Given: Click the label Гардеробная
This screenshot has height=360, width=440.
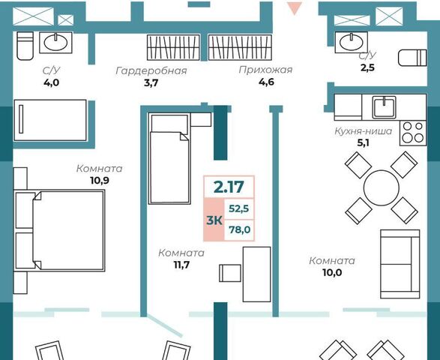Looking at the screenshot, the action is (151, 70).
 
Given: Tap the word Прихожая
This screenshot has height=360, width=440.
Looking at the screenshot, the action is (265, 70).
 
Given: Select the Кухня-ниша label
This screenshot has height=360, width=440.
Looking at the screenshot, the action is (364, 131).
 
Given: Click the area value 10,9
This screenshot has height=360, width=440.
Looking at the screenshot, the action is (100, 181).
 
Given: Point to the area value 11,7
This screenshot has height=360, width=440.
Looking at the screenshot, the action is (181, 265).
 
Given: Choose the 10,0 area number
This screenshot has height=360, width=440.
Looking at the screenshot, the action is (332, 272).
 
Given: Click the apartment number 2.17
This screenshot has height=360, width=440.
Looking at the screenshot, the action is (229, 187).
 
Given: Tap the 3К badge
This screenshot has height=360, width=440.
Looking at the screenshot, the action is (214, 220).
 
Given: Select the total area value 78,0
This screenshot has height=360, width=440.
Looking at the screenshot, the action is (239, 229).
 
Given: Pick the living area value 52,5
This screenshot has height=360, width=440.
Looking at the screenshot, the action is (239, 208).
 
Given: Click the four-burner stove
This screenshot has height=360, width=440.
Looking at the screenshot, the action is (412, 133).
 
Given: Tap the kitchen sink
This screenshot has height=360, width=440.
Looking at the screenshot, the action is (385, 107).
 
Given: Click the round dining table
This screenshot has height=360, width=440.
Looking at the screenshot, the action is (381, 187).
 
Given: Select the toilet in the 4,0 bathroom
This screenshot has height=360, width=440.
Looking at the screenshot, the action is (25, 46).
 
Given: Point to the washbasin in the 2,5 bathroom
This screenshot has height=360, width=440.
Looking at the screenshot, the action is (352, 43).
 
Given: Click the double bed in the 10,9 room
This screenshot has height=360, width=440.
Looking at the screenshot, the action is (59, 231).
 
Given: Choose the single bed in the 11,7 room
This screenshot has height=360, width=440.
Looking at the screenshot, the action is (169, 158).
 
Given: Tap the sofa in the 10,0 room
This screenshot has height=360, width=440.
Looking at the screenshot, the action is (400, 264).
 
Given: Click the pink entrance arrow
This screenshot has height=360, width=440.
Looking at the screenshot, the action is (295, 8).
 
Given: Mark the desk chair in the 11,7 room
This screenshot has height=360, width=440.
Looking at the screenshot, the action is (230, 273).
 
